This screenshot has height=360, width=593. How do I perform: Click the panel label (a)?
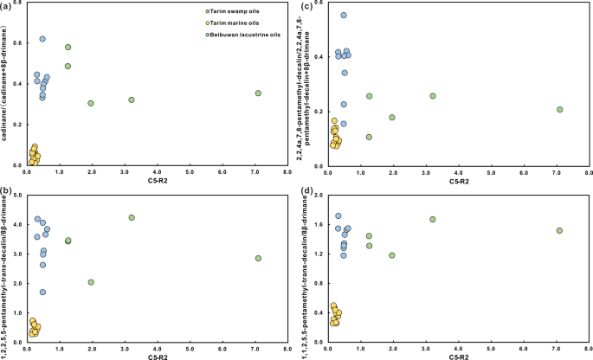(x=8, y=7)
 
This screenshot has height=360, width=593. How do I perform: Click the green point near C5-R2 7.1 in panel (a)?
(x=258, y=93)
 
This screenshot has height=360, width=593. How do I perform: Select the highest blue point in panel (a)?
(x=42, y=39)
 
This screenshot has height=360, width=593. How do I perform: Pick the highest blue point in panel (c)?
(x=344, y=16)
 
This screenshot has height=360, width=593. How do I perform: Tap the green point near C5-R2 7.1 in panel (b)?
(x=258, y=258)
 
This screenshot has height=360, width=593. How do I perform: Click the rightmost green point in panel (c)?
(x=559, y=109)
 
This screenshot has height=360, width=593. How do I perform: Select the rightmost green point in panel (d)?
(x=559, y=230)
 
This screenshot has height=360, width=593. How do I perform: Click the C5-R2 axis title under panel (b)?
(x=157, y=355)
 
